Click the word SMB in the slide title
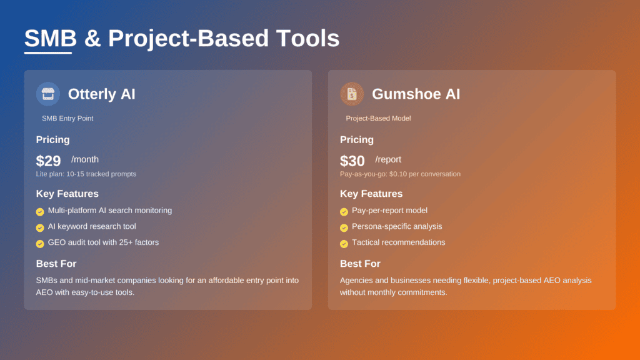pyautogui.click(x=50, y=38)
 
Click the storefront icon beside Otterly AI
pyautogui.click(x=48, y=94)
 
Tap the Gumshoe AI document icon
pyautogui.click(x=352, y=94)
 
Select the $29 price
pyautogui.click(x=49, y=161)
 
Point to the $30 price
pyautogui.click(x=352, y=161)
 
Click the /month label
pyautogui.click(x=85, y=159)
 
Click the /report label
pyautogui.click(x=388, y=159)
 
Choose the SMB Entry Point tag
pyautogui.click(x=67, y=118)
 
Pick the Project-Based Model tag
pyautogui.click(x=378, y=118)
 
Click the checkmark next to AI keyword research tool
pyautogui.click(x=40, y=227)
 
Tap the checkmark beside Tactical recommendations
pyautogui.click(x=344, y=244)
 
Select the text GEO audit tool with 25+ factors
pyautogui.click(x=103, y=242)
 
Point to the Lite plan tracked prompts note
pyautogui.click(x=86, y=174)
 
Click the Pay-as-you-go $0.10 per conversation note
pyautogui.click(x=400, y=174)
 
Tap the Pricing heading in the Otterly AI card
pyautogui.click(x=52, y=139)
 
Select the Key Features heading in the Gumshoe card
pyautogui.click(x=371, y=194)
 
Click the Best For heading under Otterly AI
pyautogui.click(x=56, y=264)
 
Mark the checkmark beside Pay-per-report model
pyautogui.click(x=344, y=212)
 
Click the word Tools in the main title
pyautogui.click(x=306, y=38)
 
